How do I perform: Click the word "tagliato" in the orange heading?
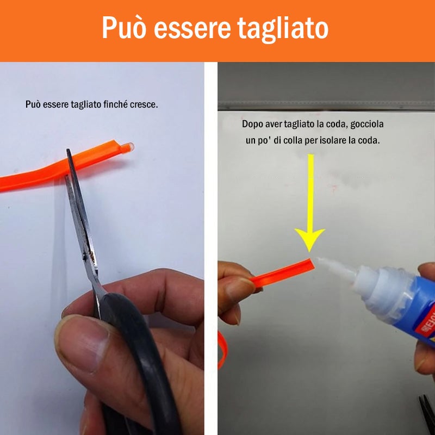[283, 28]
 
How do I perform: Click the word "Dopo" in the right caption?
[252, 124]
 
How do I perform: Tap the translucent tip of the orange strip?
[127, 147]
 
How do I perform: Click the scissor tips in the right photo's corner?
[427, 413]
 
